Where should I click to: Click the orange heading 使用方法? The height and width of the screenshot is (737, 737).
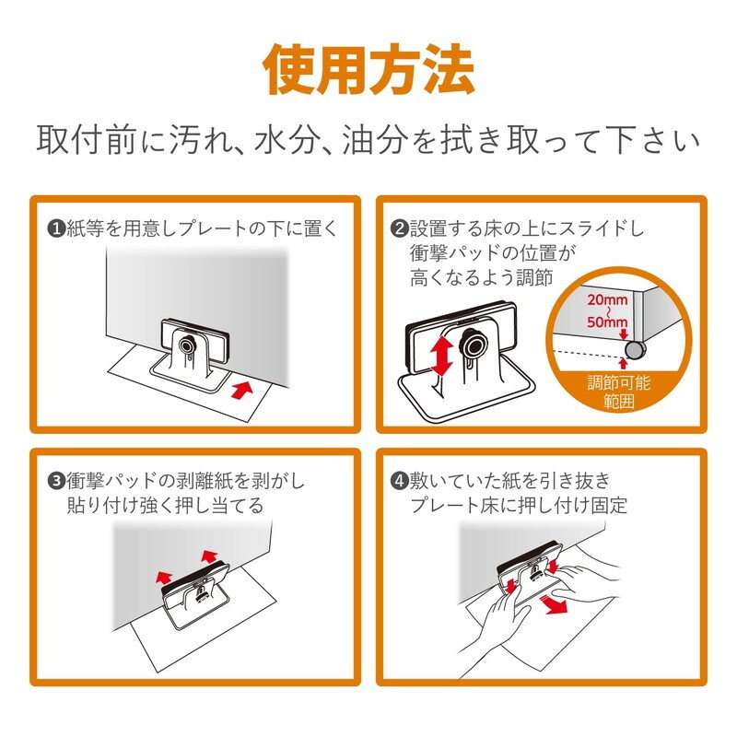tap(368, 71)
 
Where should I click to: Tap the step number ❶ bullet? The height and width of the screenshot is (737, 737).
tap(56, 229)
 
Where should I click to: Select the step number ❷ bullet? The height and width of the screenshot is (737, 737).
tap(400, 229)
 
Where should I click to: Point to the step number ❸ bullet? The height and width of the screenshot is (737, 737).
tap(56, 481)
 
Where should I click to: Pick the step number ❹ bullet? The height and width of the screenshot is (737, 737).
tap(400, 481)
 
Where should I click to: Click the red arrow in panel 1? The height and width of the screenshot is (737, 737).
tap(242, 390)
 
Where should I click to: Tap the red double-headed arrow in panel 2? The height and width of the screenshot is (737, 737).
tap(442, 356)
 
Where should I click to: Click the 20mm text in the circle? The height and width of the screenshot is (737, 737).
tap(607, 299)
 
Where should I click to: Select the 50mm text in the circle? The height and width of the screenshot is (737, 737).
tap(607, 322)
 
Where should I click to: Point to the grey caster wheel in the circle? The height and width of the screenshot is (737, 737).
tap(635, 350)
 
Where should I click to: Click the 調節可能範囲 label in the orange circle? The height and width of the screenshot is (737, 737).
tap(619, 392)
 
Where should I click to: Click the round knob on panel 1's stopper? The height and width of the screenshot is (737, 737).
tap(188, 345)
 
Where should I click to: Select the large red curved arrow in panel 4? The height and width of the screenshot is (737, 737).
tap(555, 604)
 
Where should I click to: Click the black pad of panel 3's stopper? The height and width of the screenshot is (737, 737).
tap(195, 578)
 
